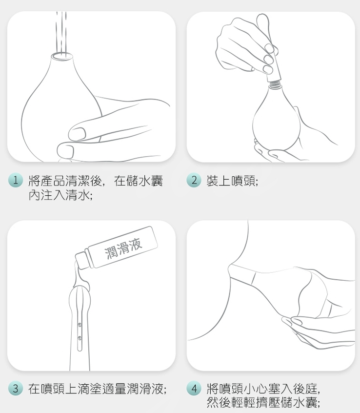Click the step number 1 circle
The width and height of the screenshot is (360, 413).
[16, 180]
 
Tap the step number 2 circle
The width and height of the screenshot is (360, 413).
[194, 180]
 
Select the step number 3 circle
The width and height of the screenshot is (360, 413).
[16, 389]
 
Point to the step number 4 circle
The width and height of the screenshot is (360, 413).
[194, 389]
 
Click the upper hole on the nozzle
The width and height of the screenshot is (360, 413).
[80, 325]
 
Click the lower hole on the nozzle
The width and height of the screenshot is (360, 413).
[80, 338]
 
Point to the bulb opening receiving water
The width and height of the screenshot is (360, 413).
[62, 56]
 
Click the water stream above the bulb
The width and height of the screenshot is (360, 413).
[61, 32]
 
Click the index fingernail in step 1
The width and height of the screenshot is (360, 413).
[78, 134]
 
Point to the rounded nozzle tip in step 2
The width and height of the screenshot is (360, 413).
[262, 20]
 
